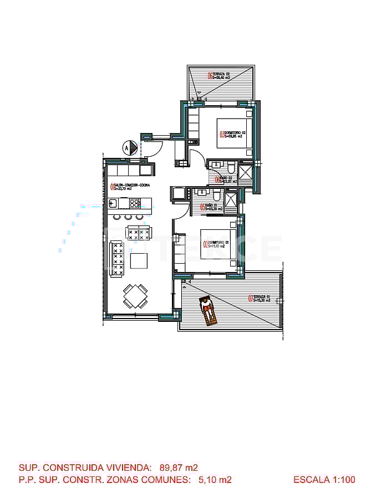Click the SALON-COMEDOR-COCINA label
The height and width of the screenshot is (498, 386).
pos(130,187)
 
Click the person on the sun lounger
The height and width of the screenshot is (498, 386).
pos(207,310)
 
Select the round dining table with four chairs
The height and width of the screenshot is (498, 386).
pos(135,296)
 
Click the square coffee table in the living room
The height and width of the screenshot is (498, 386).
pos(139,260)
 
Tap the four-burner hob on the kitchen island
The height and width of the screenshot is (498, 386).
pos(135,203)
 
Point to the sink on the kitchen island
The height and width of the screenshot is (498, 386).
pos(112,203)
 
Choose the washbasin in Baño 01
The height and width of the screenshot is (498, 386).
pos(201,193)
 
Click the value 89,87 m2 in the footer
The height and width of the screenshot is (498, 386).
pos(179,468)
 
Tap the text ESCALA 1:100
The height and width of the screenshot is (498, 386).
pos(324,480)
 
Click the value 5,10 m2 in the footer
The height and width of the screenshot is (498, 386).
pos(215,480)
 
